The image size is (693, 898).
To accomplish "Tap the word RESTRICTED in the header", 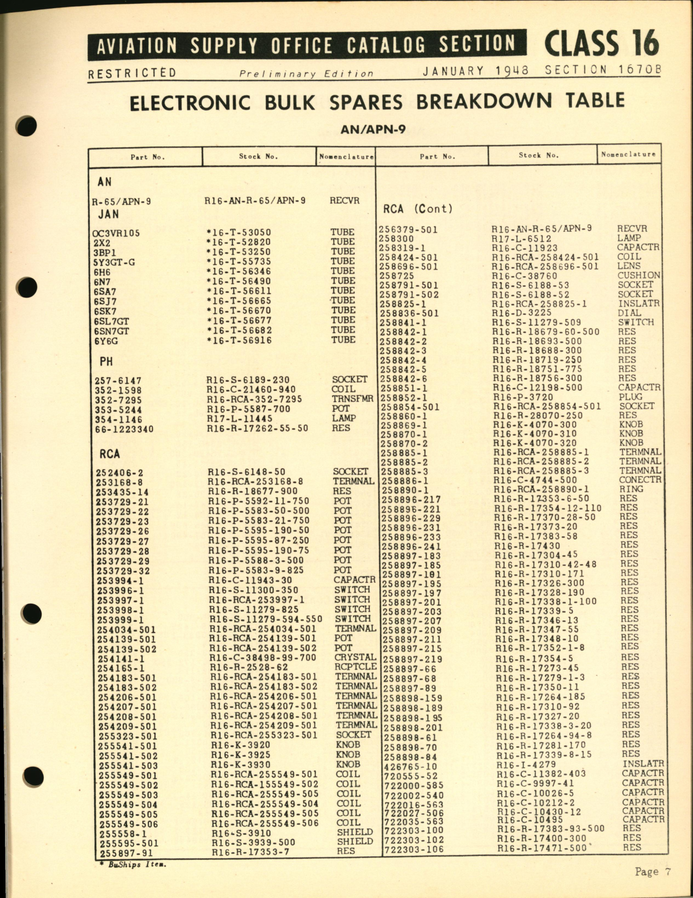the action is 132,73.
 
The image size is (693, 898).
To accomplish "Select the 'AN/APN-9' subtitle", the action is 373,130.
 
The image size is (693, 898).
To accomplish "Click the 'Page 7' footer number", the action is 652,872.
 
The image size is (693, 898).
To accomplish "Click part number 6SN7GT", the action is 111,331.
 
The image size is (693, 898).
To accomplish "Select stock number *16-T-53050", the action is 238,233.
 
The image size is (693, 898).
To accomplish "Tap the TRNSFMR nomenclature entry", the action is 352,398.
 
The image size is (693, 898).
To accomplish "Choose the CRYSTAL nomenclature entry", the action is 355,657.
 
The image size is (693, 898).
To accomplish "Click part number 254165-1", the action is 121,668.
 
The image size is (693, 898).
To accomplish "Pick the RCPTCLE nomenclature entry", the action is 355,667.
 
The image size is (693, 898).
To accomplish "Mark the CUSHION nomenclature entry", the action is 639,275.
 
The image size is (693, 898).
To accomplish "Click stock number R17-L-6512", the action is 521,239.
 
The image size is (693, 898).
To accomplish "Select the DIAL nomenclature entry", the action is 630,312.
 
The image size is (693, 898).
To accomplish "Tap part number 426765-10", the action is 411,767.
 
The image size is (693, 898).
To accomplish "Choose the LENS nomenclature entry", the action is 629,266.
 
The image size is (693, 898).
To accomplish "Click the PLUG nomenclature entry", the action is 631,397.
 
